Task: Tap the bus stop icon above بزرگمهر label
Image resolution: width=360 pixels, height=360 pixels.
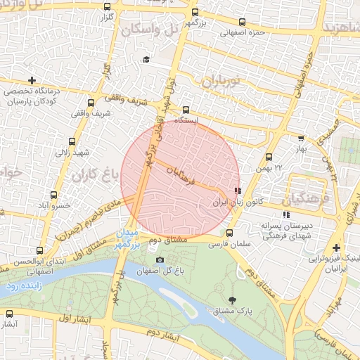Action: click(195, 12)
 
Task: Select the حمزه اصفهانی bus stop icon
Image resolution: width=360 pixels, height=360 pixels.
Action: click(243, 22)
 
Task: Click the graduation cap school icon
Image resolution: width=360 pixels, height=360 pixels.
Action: click(146, 60)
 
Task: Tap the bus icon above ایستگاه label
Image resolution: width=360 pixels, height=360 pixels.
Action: click(186, 110)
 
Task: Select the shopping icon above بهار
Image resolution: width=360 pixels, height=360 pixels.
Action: click(301, 139)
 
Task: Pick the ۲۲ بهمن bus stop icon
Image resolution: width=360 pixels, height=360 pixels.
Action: click(269, 157)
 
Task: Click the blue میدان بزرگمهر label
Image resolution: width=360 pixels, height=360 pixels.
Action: click(131, 238)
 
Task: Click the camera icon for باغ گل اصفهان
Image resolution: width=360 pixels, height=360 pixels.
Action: click(160, 260)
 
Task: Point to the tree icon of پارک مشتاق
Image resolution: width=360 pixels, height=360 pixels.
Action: click(232, 300)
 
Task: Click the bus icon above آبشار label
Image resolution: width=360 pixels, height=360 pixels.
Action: click(9, 314)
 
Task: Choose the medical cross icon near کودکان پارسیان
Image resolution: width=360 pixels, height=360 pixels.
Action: click(32, 80)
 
